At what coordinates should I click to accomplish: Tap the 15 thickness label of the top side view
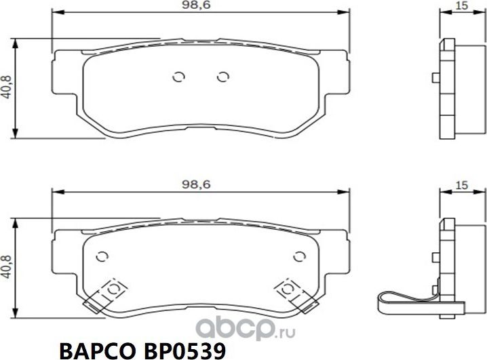pos(462,6)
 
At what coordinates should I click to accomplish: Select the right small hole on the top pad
pos(221,77)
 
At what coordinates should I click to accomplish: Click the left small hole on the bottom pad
pos(102,256)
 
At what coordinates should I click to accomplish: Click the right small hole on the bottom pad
pos(298,256)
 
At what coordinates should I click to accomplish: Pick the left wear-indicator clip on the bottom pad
pos(110,290)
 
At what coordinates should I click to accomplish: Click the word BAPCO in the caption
pos(96,348)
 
